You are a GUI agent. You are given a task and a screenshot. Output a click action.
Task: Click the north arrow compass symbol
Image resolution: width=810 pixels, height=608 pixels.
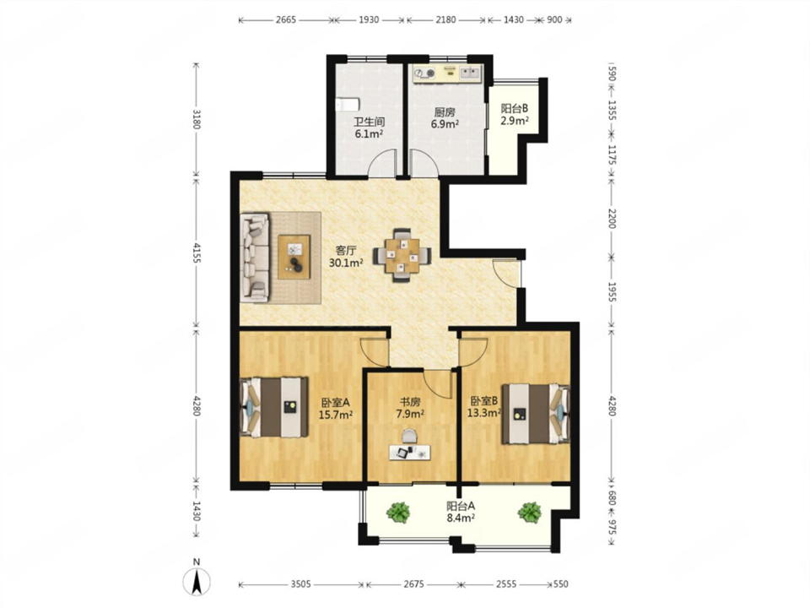pyautogui.click(x=197, y=581)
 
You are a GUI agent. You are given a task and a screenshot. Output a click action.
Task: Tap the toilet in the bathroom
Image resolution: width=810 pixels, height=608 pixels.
pyautogui.click(x=347, y=104)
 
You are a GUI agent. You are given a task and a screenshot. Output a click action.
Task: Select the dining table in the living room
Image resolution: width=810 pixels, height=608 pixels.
pyautogui.click(x=403, y=255)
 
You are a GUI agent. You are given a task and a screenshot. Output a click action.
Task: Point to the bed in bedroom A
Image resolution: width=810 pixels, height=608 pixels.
pyautogui.click(x=273, y=407)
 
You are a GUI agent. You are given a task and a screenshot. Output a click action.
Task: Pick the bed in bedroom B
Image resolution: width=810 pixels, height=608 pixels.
pyautogui.click(x=536, y=414)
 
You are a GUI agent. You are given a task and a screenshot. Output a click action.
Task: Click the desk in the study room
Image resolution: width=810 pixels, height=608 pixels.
pyautogui.click(x=410, y=453)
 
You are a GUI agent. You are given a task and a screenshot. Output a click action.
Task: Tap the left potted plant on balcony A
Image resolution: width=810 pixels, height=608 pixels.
pyautogui.click(x=397, y=512)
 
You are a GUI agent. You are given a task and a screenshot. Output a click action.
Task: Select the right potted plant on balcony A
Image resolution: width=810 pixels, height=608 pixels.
pyautogui.click(x=530, y=512)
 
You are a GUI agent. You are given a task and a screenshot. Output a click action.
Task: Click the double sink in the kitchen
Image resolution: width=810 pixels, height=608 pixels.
pyautogui.click(x=470, y=73)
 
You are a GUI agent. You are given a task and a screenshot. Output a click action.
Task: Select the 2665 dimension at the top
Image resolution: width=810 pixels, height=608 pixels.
pyautogui.click(x=286, y=20)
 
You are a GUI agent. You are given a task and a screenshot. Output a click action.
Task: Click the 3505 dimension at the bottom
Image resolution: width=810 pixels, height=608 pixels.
pyautogui.click(x=300, y=584)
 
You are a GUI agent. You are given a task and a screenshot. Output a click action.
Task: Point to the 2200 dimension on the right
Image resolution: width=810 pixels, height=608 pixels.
pyautogui.click(x=612, y=219)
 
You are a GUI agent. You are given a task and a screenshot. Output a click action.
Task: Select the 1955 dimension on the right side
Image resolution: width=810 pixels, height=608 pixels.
pyautogui.click(x=612, y=292)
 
